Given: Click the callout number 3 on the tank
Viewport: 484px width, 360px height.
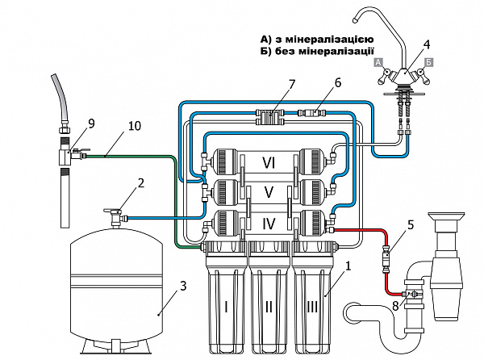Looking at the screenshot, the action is coord(183,286).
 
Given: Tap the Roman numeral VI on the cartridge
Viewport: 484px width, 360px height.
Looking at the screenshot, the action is coord(269,162).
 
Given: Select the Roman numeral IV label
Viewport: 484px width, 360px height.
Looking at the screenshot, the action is coord(269,224).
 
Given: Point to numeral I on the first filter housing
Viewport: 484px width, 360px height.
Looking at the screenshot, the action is coord(226,308).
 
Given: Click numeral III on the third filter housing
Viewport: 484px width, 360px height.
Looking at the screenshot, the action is coord(312,308).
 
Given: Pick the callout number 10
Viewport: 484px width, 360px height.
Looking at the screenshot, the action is coord(135,126).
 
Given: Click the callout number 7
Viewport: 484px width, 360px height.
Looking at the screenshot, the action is coord(291,84).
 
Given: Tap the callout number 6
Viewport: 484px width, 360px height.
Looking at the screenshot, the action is coord(338,83).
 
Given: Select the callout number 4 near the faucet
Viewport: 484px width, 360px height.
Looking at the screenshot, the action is coord(426,44).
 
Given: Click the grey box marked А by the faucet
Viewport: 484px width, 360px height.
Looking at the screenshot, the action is coord(378,62).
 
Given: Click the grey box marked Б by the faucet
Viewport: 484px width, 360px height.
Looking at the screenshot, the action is coord(429,62).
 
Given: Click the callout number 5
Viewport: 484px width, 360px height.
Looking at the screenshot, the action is coord(411,225).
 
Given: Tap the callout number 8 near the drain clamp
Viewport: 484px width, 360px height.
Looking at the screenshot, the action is coord(395,307).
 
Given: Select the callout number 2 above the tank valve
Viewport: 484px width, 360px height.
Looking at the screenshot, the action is coord(140,183).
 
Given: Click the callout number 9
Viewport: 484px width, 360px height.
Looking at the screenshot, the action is coord(91,123).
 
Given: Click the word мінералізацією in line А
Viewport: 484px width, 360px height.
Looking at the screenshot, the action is coord(329,40).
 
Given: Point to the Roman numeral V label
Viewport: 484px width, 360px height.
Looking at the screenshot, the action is coord(269,192).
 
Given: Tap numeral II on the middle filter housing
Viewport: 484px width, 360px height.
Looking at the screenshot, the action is coord(269,308).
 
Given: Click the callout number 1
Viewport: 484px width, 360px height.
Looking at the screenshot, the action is coord(348,266).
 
